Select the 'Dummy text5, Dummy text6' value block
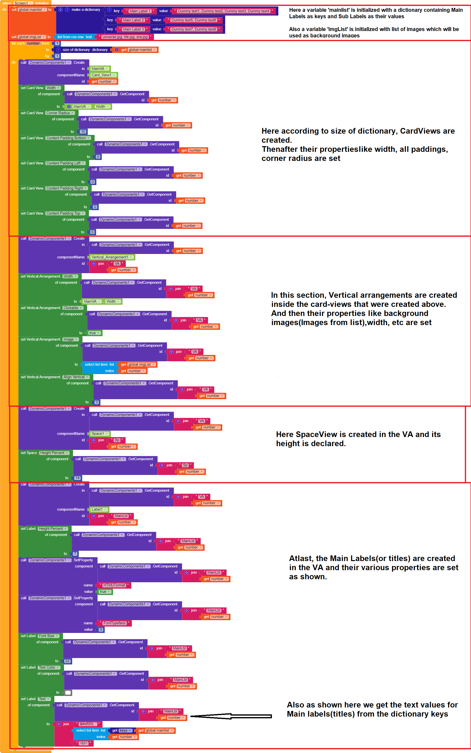tap(193, 20)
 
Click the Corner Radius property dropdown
tap(60, 113)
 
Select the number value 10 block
tap(83, 132)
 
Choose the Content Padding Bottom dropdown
tap(68, 138)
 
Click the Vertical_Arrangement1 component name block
tap(112, 257)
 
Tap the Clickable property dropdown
tap(73, 308)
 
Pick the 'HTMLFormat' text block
tap(114, 585)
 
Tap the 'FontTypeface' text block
tap(114, 623)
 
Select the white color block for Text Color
tap(68, 692)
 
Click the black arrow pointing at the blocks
tap(231, 716)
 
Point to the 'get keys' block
tap(122, 731)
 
